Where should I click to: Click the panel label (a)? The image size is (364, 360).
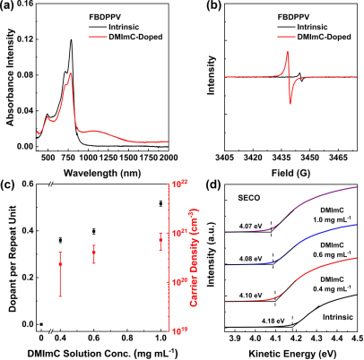[x=7, y=5]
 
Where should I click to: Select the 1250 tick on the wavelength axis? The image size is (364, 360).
[x=108, y=158]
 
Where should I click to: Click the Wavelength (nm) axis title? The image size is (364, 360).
[x=102, y=173]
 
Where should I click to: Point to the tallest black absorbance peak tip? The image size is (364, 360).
[x=72, y=39]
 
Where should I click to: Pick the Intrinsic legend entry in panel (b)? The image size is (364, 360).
[x=302, y=27]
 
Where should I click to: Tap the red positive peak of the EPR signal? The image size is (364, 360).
[x=288, y=52]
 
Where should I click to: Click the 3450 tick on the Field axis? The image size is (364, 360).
[x=309, y=158]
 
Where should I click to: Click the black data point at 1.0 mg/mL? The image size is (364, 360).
[x=160, y=203]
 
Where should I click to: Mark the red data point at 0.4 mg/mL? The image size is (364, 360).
[x=60, y=264]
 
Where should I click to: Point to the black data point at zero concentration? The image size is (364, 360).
[x=41, y=324]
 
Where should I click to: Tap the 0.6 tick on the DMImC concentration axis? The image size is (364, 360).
[x=94, y=338]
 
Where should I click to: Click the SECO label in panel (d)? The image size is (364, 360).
[x=249, y=198]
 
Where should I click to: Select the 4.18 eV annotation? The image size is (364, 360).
[x=273, y=321]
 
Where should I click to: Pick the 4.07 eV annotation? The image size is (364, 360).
[x=250, y=227]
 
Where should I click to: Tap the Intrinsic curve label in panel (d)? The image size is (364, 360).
[x=338, y=317]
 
